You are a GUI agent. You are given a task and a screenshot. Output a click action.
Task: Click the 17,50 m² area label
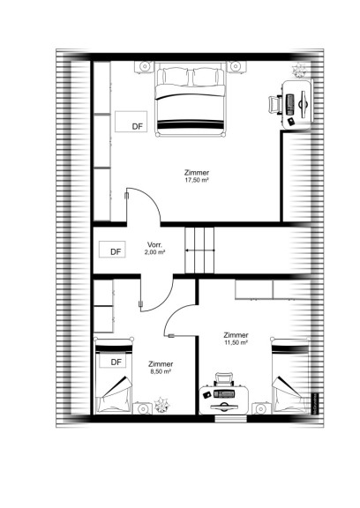click(197, 180)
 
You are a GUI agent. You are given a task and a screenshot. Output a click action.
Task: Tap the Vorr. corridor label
click(154, 244)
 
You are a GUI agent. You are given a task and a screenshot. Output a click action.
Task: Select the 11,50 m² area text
click(236, 342)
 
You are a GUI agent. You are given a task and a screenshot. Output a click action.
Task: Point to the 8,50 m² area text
click(161, 371)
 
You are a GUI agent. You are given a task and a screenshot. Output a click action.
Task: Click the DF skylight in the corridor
click(112, 250)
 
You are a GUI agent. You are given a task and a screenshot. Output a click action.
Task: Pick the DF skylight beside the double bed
click(131, 122)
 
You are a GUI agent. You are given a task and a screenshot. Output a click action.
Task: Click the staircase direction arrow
click(199, 250)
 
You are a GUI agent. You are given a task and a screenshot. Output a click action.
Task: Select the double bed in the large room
click(190, 99)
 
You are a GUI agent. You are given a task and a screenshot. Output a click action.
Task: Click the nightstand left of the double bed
click(144, 67)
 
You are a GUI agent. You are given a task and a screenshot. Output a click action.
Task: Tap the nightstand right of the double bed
click(236, 67)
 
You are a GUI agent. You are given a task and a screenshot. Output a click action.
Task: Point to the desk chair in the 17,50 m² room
click(274, 104)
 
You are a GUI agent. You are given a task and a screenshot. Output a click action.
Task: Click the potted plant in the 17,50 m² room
click(299, 70)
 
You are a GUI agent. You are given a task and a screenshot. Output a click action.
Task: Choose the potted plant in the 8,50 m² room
click(161, 405)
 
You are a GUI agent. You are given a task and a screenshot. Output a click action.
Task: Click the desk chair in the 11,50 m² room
click(224, 379)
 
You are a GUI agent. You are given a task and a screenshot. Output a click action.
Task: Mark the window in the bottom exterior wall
click(230, 419)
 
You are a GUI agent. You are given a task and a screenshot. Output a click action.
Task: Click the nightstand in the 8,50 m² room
click(143, 408)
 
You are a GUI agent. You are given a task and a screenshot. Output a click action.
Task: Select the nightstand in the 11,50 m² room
click(261, 408)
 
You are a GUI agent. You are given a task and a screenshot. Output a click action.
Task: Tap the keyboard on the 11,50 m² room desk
click(224, 394)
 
